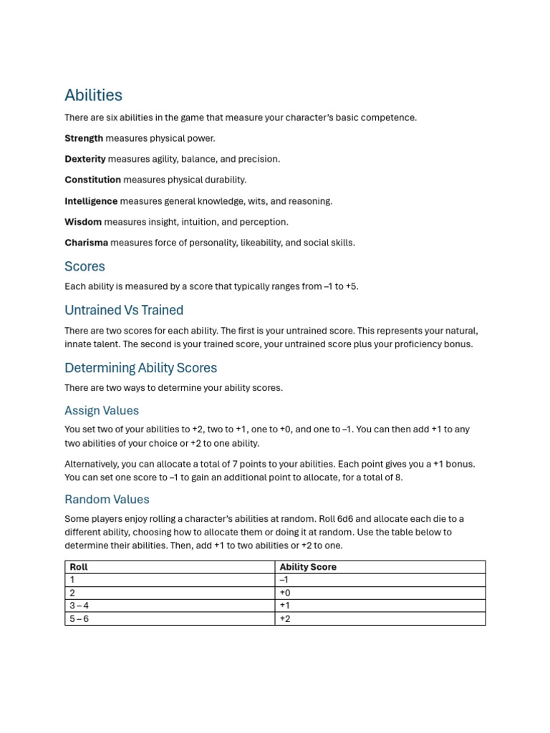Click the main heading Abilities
[93, 95]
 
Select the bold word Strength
[84, 138]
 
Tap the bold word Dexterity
[85, 159]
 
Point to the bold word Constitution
[93, 180]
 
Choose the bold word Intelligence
[91, 201]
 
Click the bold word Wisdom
[83, 222]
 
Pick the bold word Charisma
[86, 243]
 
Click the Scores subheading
[85, 266]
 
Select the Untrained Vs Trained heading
[124, 310]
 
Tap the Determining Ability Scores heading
[140, 368]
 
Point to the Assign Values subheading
[102, 410]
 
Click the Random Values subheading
[107, 499]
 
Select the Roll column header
[79, 567]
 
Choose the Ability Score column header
[308, 567]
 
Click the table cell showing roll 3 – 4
[79, 606]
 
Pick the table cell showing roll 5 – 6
[79, 618]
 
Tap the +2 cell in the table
[285, 618]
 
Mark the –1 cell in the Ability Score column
[284, 580]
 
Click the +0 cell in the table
[285, 593]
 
